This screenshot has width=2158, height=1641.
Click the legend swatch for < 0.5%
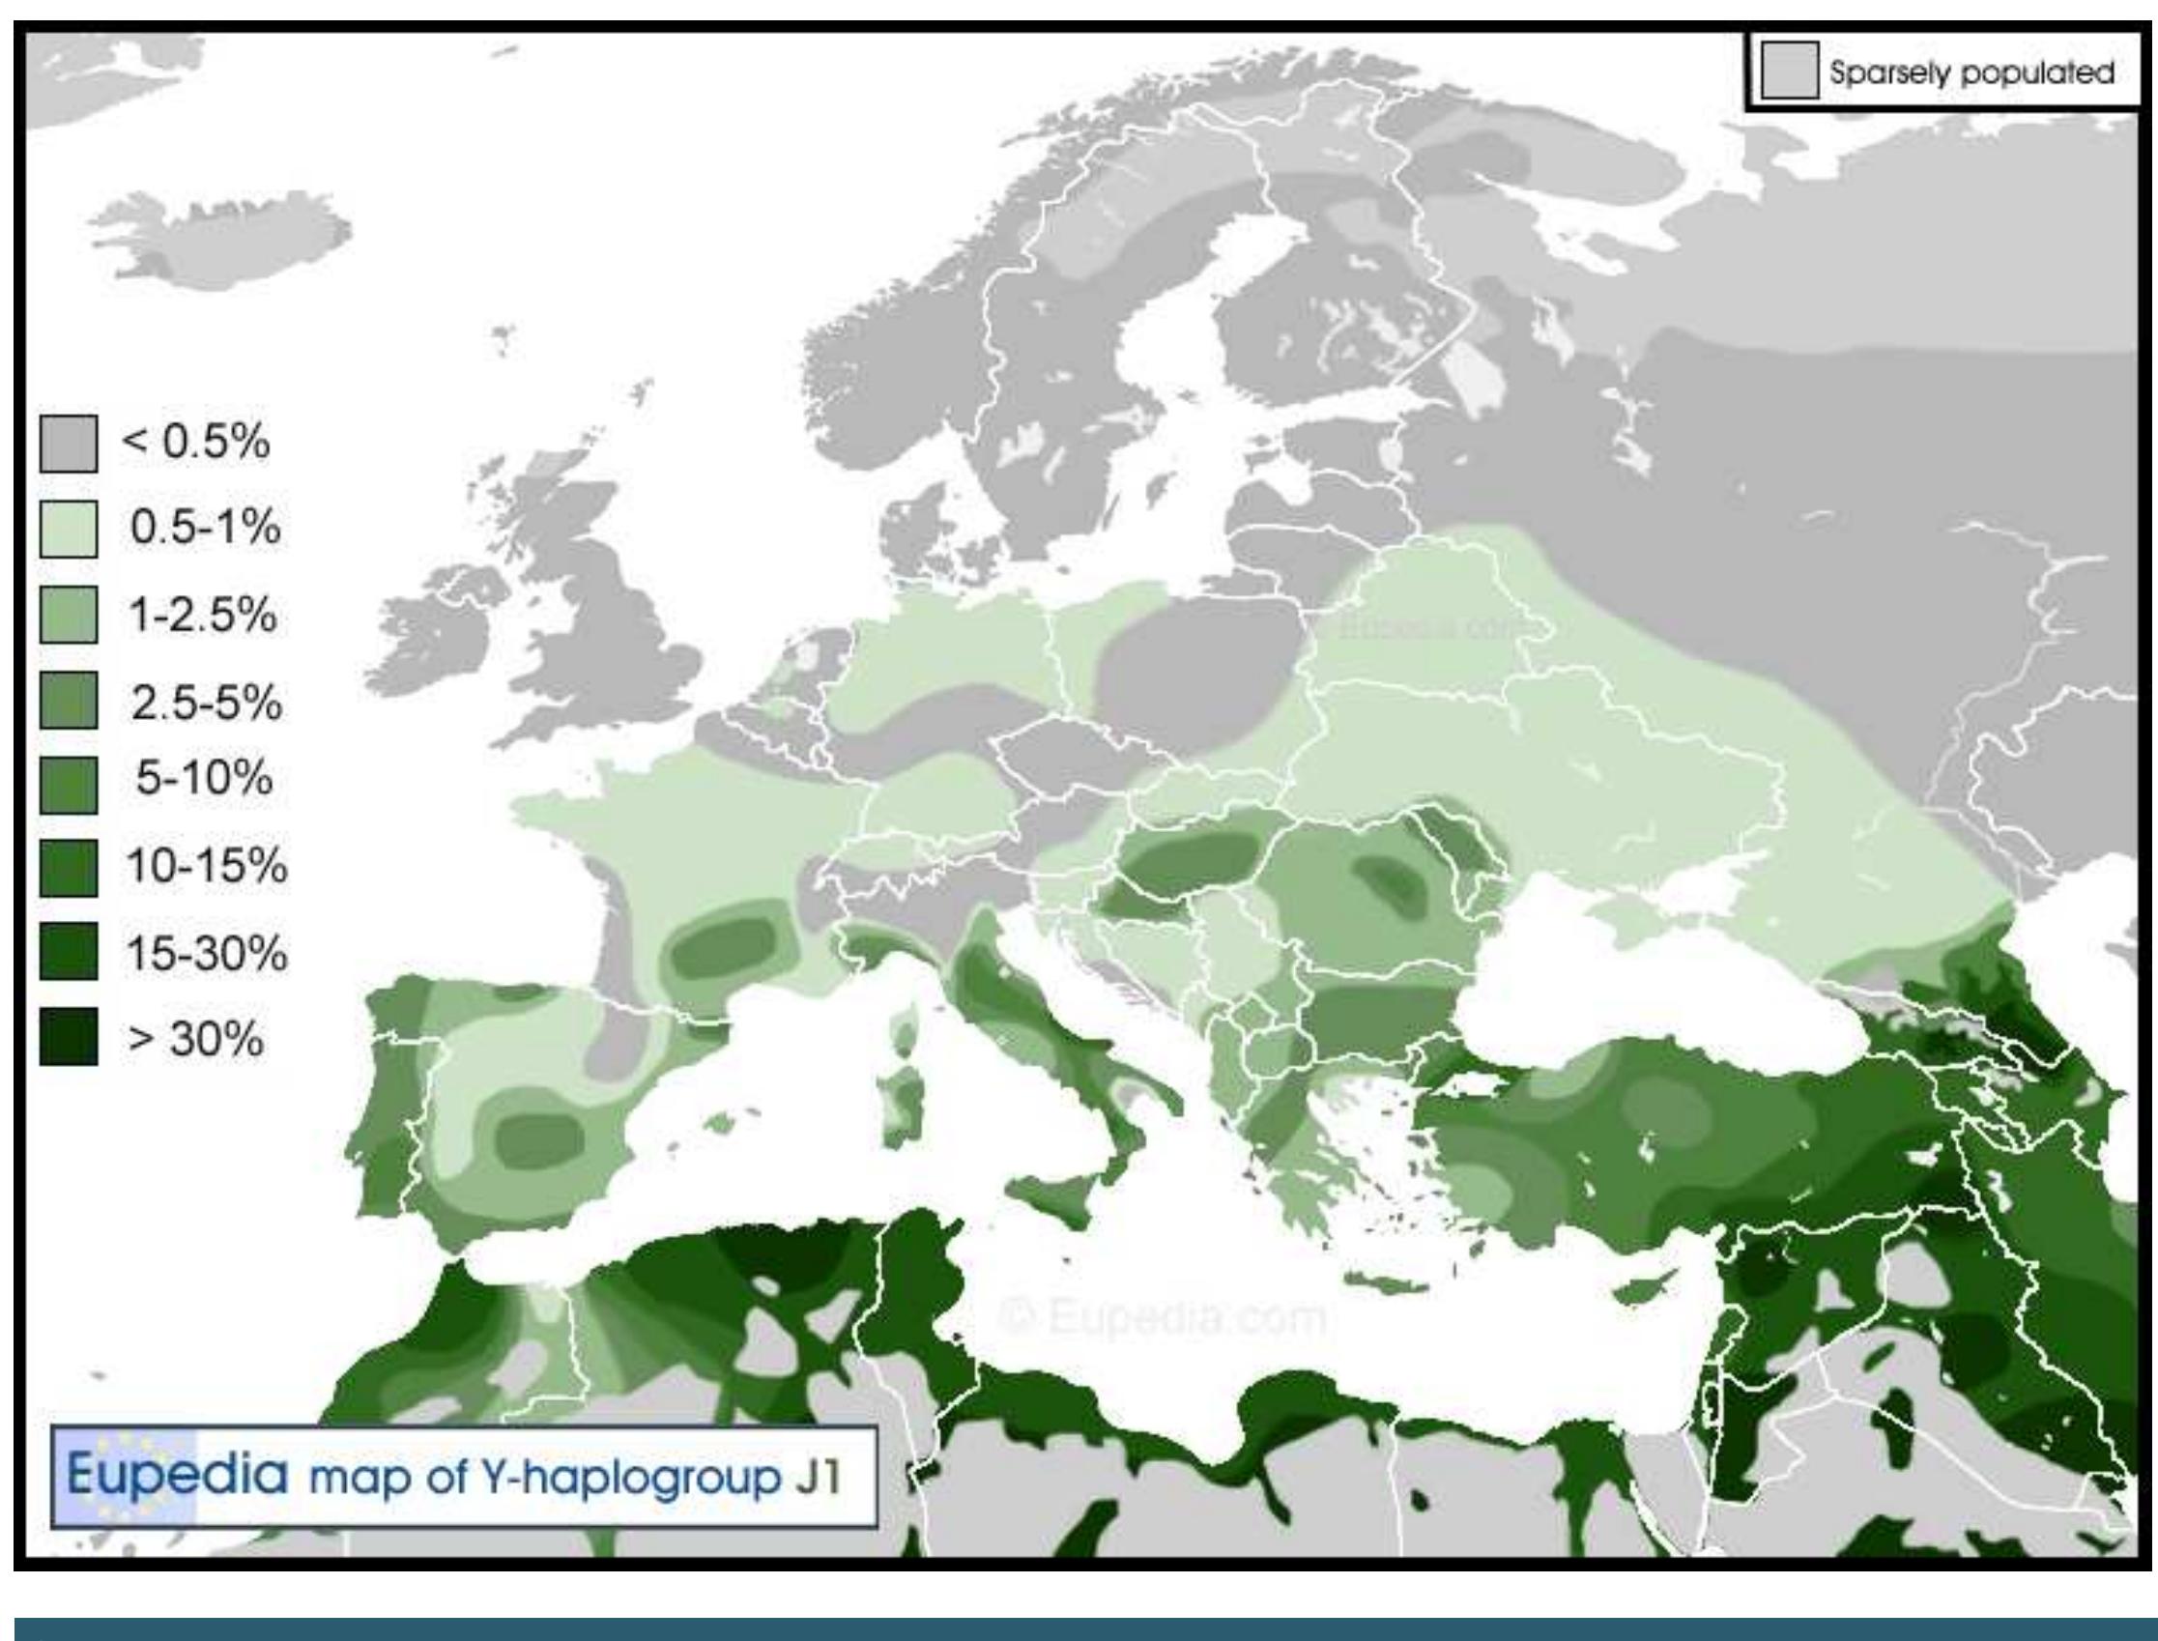pyautogui.click(x=69, y=444)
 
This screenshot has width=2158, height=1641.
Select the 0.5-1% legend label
pyautogui.click(x=205, y=529)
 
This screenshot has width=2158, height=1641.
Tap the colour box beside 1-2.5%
pyautogui.click(x=69, y=615)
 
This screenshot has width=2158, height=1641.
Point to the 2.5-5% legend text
pyautogui.click(x=206, y=703)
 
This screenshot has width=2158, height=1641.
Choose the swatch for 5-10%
pyautogui.click(x=69, y=785)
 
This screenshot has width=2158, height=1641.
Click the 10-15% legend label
pyautogui.click(x=206, y=865)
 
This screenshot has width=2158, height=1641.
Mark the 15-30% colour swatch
pyautogui.click(x=69, y=951)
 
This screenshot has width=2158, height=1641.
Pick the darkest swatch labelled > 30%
pyautogui.click(x=69, y=1036)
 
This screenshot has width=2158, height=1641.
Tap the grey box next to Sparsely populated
pyautogui.click(x=1790, y=71)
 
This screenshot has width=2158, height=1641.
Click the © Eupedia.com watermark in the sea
pyautogui.click(x=1163, y=1317)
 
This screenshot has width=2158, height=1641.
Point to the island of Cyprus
pyautogui.click(x=1645, y=1291)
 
